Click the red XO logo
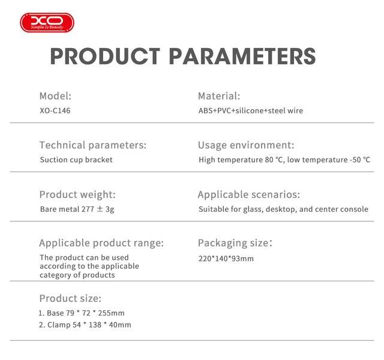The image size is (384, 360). click(x=47, y=23)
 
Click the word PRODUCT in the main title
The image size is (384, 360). click(x=105, y=56)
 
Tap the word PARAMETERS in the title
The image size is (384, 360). click(x=242, y=56)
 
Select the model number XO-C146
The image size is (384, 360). click(x=55, y=110)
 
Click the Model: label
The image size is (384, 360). click(x=55, y=96)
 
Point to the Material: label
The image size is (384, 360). click(x=219, y=96)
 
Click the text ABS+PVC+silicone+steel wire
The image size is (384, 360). click(x=251, y=110)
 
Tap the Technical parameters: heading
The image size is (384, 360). click(x=93, y=145)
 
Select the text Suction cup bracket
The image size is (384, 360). click(x=76, y=160)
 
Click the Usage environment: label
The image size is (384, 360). click(x=246, y=145)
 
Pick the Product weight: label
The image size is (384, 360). click(x=77, y=194)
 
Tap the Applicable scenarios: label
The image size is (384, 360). click(x=249, y=194)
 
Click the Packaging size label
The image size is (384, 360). click(x=235, y=243)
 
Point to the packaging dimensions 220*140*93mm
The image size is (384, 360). click(x=226, y=259)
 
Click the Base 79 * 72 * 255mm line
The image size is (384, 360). click(x=82, y=313)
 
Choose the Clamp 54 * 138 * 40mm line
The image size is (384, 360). click(x=85, y=325)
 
